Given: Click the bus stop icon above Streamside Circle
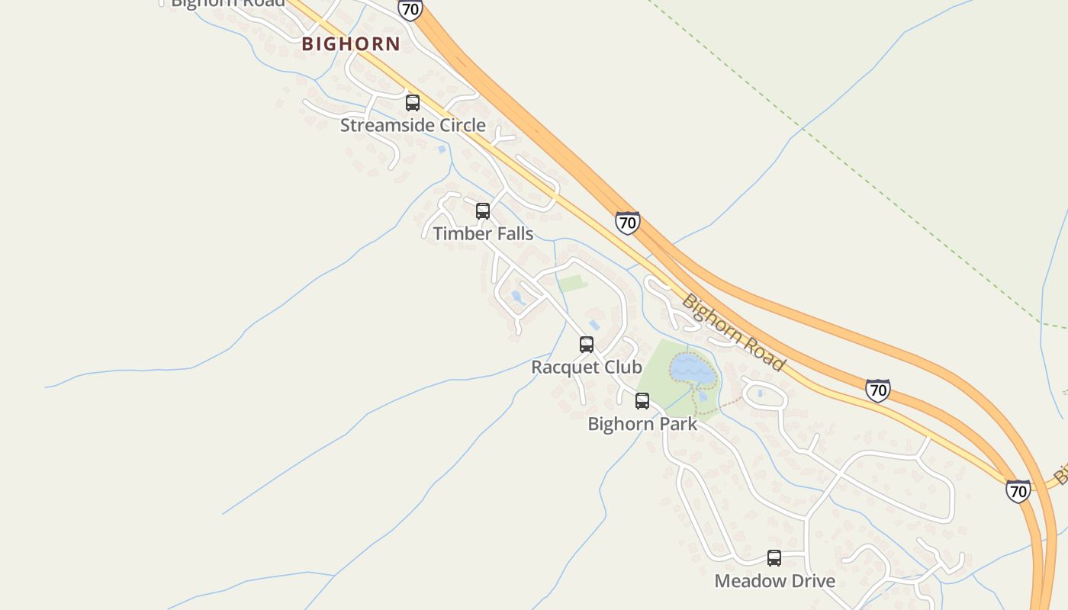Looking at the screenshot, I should point(413,103).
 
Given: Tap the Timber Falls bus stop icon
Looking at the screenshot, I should point(483,211).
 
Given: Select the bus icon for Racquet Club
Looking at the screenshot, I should point(587,345).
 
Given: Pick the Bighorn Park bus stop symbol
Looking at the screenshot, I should point(642,401).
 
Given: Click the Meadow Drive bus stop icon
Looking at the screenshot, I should point(774,558).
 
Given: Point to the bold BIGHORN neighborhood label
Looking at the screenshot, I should point(351,44).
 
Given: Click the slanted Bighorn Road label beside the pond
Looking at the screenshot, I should point(733,333).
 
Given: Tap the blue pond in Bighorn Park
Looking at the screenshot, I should point(694,368).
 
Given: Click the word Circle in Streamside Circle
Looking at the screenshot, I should point(458,125).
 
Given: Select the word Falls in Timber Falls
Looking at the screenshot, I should point(510,233).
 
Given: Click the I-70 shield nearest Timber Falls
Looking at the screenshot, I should point(627,223).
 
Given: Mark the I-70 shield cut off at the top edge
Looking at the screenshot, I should point(410,9).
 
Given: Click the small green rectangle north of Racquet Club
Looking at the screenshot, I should point(572,284).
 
